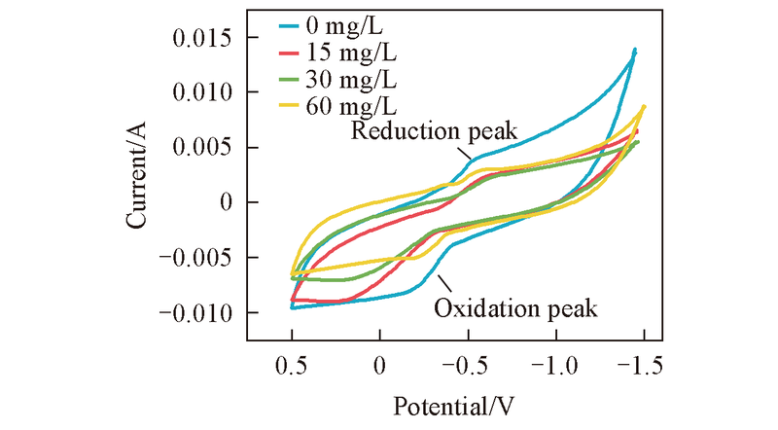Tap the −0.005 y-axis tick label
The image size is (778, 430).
click(197, 258)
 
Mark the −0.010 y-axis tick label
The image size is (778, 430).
click(197, 312)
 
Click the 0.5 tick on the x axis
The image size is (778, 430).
click(292, 366)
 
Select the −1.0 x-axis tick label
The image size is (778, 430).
click(551, 366)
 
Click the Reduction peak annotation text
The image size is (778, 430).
click(436, 130)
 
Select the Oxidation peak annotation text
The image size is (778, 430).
click(514, 309)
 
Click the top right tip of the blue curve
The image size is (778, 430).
click(635, 49)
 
